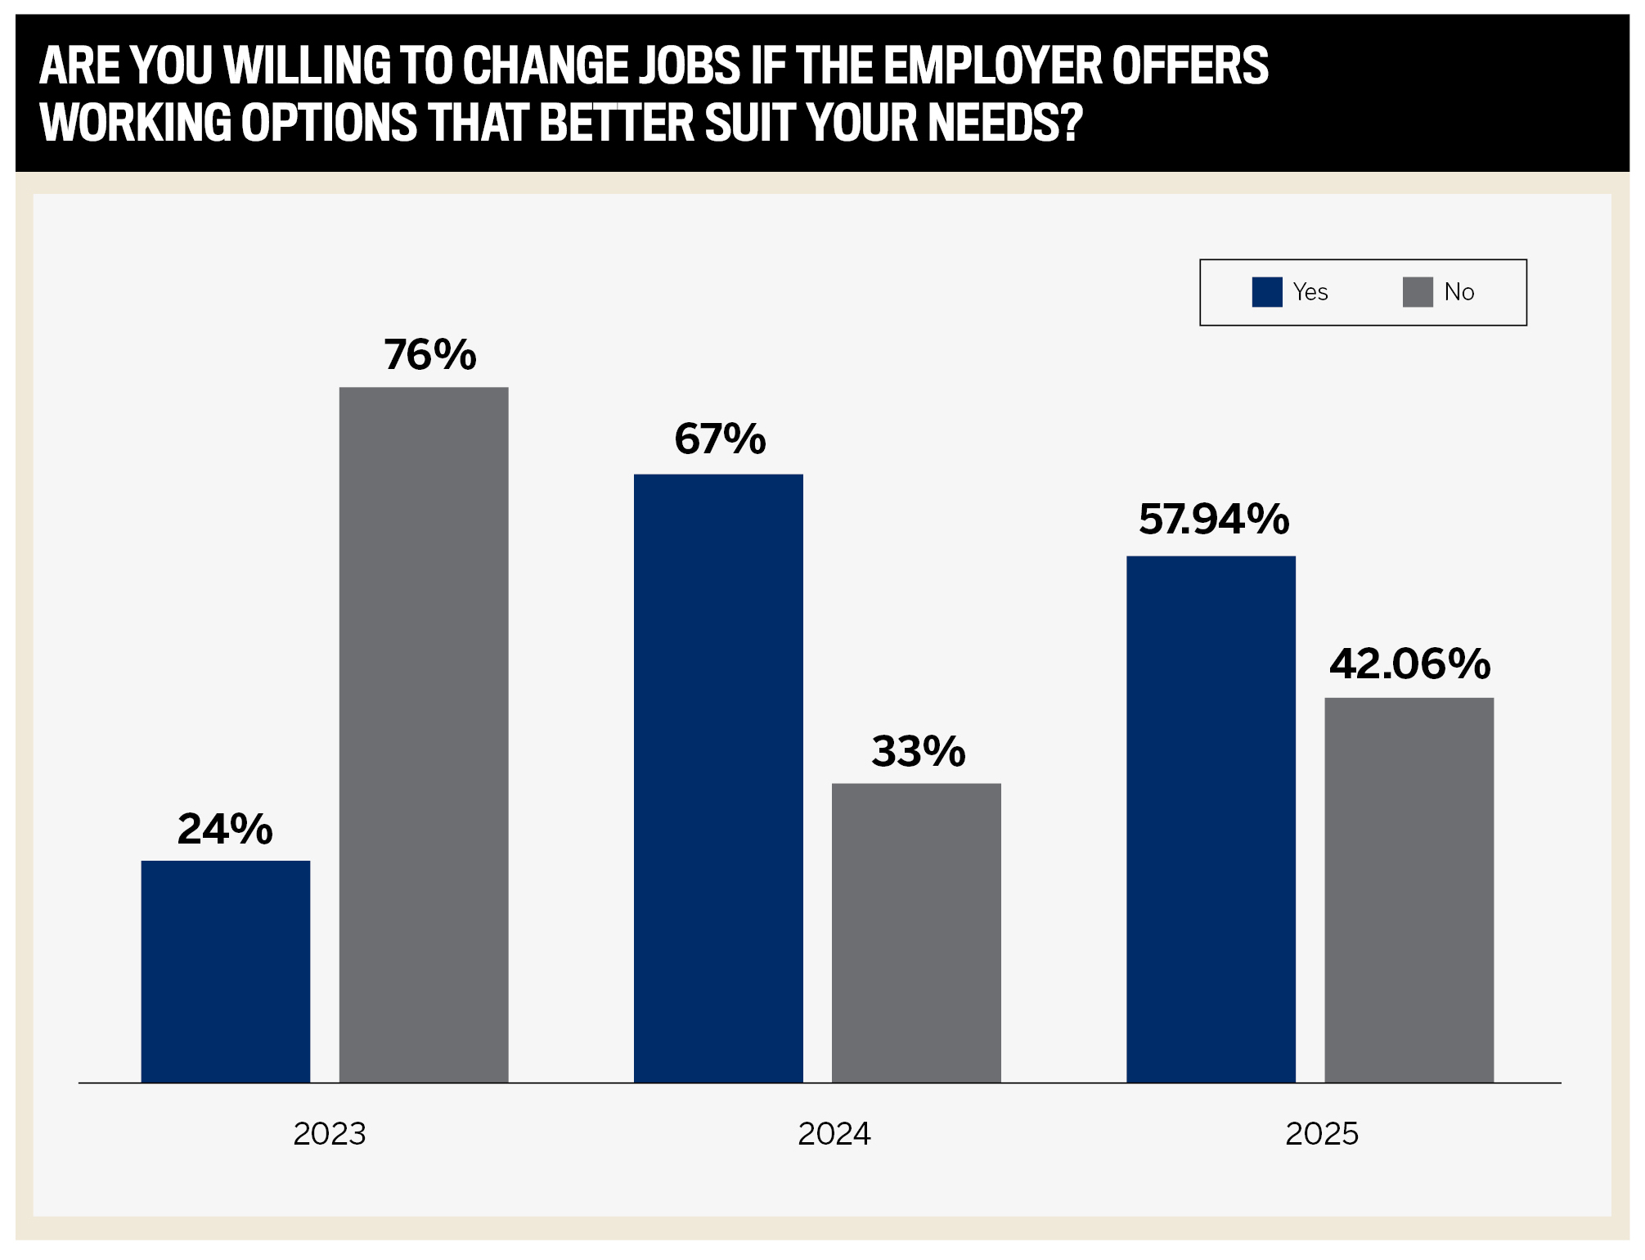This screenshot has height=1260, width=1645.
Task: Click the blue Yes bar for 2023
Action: (x=226, y=971)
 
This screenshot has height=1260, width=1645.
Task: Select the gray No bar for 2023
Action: (x=424, y=735)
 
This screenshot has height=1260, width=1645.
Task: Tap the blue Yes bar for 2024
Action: (x=718, y=778)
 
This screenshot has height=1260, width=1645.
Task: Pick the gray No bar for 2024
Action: (x=916, y=933)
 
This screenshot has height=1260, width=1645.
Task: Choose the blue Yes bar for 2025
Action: (x=1211, y=819)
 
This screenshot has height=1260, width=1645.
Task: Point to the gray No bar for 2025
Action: (x=1409, y=890)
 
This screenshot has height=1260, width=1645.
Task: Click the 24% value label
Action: (x=225, y=829)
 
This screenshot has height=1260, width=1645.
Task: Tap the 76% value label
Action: (x=430, y=354)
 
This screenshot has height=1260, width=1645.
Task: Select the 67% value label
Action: (x=720, y=439)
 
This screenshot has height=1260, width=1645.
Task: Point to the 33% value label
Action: (x=919, y=751)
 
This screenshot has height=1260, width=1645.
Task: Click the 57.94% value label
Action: (x=1214, y=520)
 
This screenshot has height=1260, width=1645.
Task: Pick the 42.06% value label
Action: (x=1410, y=664)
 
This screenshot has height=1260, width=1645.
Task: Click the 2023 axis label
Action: (x=330, y=1134)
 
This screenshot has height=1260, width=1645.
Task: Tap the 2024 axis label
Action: (x=834, y=1134)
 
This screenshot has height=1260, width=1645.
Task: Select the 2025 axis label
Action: (x=1322, y=1134)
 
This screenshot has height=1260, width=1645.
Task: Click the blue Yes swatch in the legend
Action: (x=1267, y=292)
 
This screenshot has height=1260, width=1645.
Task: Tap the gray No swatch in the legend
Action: (x=1418, y=292)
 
